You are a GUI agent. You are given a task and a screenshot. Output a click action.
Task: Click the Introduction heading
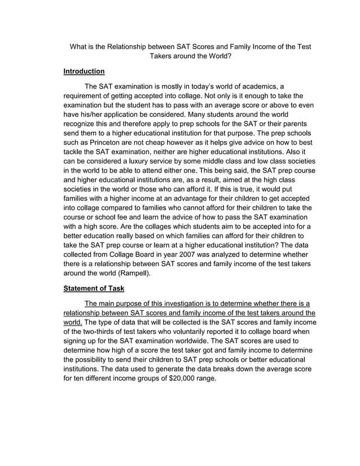[x=84, y=72]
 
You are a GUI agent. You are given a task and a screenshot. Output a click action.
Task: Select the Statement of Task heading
[x=93, y=288]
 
